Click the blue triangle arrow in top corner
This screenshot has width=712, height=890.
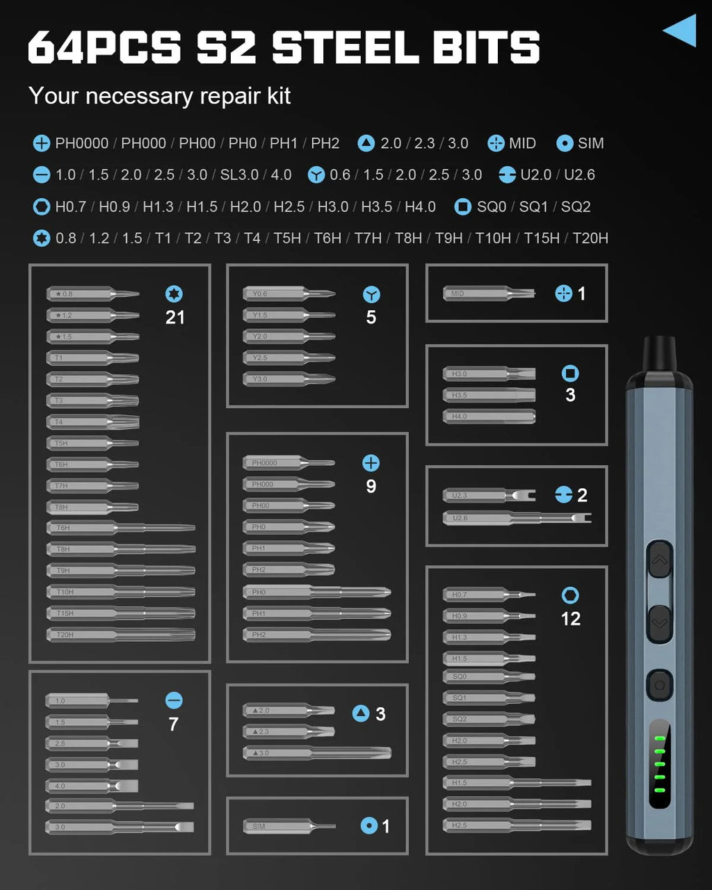pyautogui.click(x=681, y=31)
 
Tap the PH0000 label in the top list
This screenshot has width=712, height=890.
pyautogui.click(x=81, y=143)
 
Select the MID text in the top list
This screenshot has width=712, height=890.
pyautogui.click(x=521, y=143)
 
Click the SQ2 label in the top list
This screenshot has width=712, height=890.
pyautogui.click(x=576, y=207)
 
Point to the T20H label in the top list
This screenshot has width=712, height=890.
pyautogui.click(x=590, y=238)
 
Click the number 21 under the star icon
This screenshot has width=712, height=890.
pyautogui.click(x=175, y=318)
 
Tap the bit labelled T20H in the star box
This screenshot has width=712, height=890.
pyautogui.click(x=120, y=635)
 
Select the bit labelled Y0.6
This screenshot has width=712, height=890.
pyautogui.click(x=289, y=294)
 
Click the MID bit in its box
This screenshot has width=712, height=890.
pyautogui.click(x=489, y=294)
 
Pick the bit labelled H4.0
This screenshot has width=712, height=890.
pyautogui.click(x=489, y=416)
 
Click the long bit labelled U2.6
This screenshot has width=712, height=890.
pyautogui.click(x=517, y=518)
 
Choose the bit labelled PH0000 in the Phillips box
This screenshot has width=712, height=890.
pyautogui.click(x=289, y=463)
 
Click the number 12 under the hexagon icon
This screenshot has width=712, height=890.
pyautogui.click(x=570, y=619)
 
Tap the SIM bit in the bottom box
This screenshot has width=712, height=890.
pyautogui.click(x=289, y=826)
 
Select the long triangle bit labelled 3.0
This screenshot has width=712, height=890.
pyautogui.click(x=316, y=753)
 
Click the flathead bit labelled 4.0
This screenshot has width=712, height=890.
pyautogui.click(x=92, y=786)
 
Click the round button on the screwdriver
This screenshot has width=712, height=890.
pyautogui.click(x=659, y=686)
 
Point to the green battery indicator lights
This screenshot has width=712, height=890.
pyautogui.click(x=660, y=764)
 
